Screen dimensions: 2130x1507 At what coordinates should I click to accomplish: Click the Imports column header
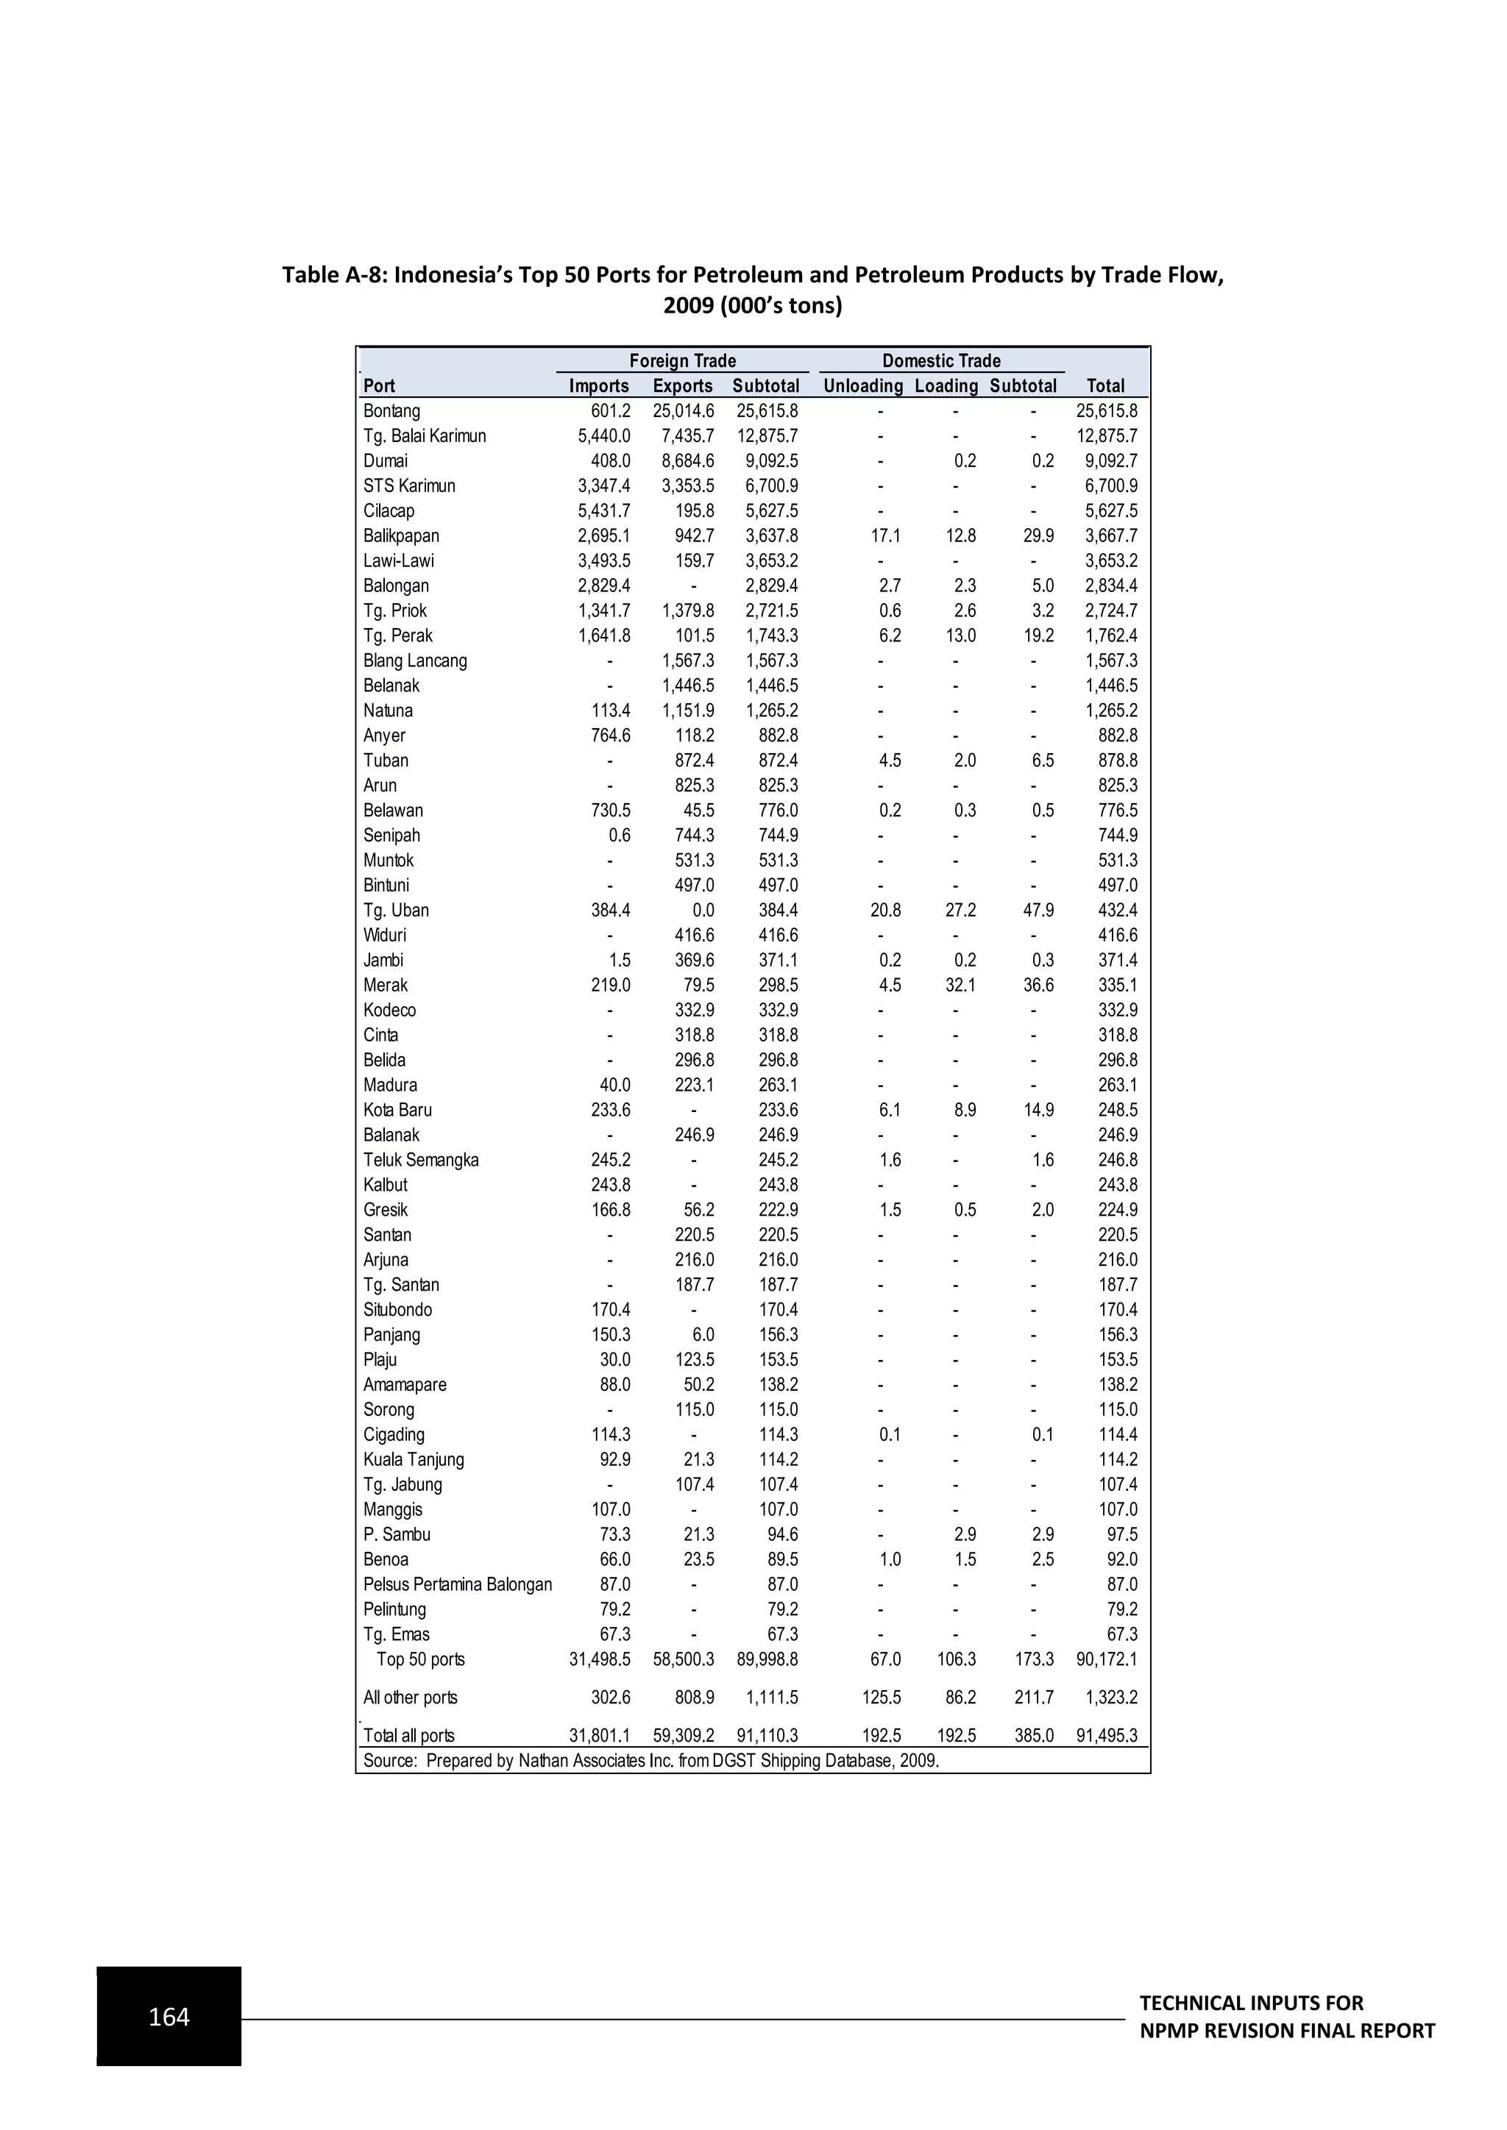click(598, 386)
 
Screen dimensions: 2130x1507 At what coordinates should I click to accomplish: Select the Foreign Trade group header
click(682, 361)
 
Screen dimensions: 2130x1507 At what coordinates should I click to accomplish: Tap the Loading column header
click(946, 386)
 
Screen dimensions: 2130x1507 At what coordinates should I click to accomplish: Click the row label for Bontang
click(391, 411)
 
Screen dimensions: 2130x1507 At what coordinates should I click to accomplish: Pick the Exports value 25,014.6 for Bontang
click(683, 411)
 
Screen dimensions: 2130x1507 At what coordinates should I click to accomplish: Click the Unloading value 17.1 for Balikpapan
click(885, 536)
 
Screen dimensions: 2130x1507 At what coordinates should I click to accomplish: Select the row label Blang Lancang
click(415, 660)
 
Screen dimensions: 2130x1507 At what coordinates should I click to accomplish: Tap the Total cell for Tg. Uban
click(1117, 910)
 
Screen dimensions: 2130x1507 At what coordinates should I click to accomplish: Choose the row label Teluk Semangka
click(420, 1160)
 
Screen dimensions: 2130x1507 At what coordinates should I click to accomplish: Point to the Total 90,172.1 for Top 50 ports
click(1106, 1660)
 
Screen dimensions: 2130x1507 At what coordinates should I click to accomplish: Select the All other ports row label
click(410, 1698)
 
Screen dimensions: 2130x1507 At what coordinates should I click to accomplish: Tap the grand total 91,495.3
click(1106, 1736)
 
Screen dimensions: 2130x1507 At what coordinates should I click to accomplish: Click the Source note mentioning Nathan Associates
click(650, 1761)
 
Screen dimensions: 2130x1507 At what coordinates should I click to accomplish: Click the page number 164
click(169, 2017)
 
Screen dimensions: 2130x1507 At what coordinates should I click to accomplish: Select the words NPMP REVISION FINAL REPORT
click(1286, 2031)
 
